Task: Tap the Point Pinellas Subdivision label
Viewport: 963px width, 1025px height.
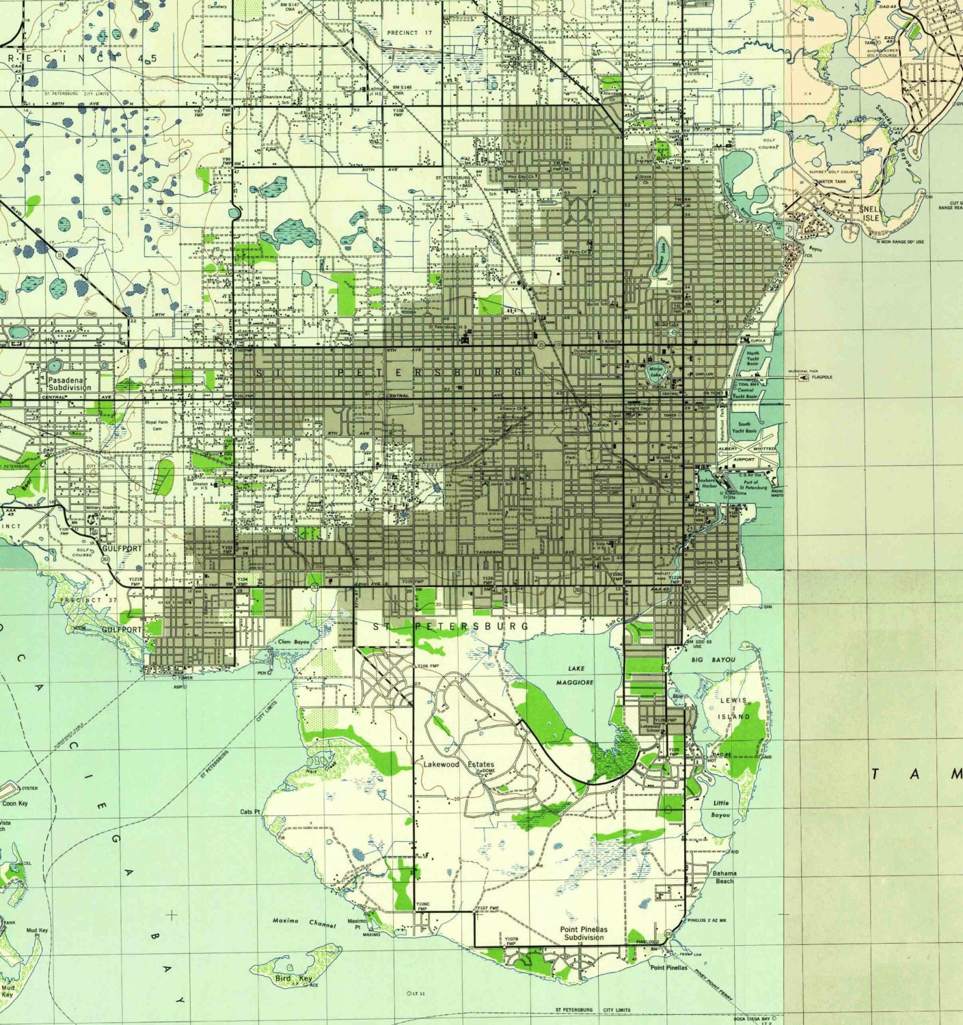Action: (584, 933)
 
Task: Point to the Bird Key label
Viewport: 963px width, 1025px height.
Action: (293, 979)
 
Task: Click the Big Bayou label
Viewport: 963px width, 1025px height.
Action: (713, 660)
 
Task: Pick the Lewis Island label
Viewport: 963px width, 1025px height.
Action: (733, 709)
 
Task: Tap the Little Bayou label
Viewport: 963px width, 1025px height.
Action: (720, 809)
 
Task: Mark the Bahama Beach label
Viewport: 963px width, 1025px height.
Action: (724, 877)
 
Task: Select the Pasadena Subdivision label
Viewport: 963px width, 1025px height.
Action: (69, 383)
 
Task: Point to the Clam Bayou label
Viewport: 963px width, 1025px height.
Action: (294, 642)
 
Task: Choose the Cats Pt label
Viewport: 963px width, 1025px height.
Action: (250, 812)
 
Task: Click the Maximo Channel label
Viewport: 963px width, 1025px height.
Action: (303, 922)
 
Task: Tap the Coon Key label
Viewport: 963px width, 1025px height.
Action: (14, 804)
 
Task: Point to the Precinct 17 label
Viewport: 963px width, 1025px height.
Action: (409, 32)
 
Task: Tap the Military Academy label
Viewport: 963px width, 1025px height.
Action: (103, 508)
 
